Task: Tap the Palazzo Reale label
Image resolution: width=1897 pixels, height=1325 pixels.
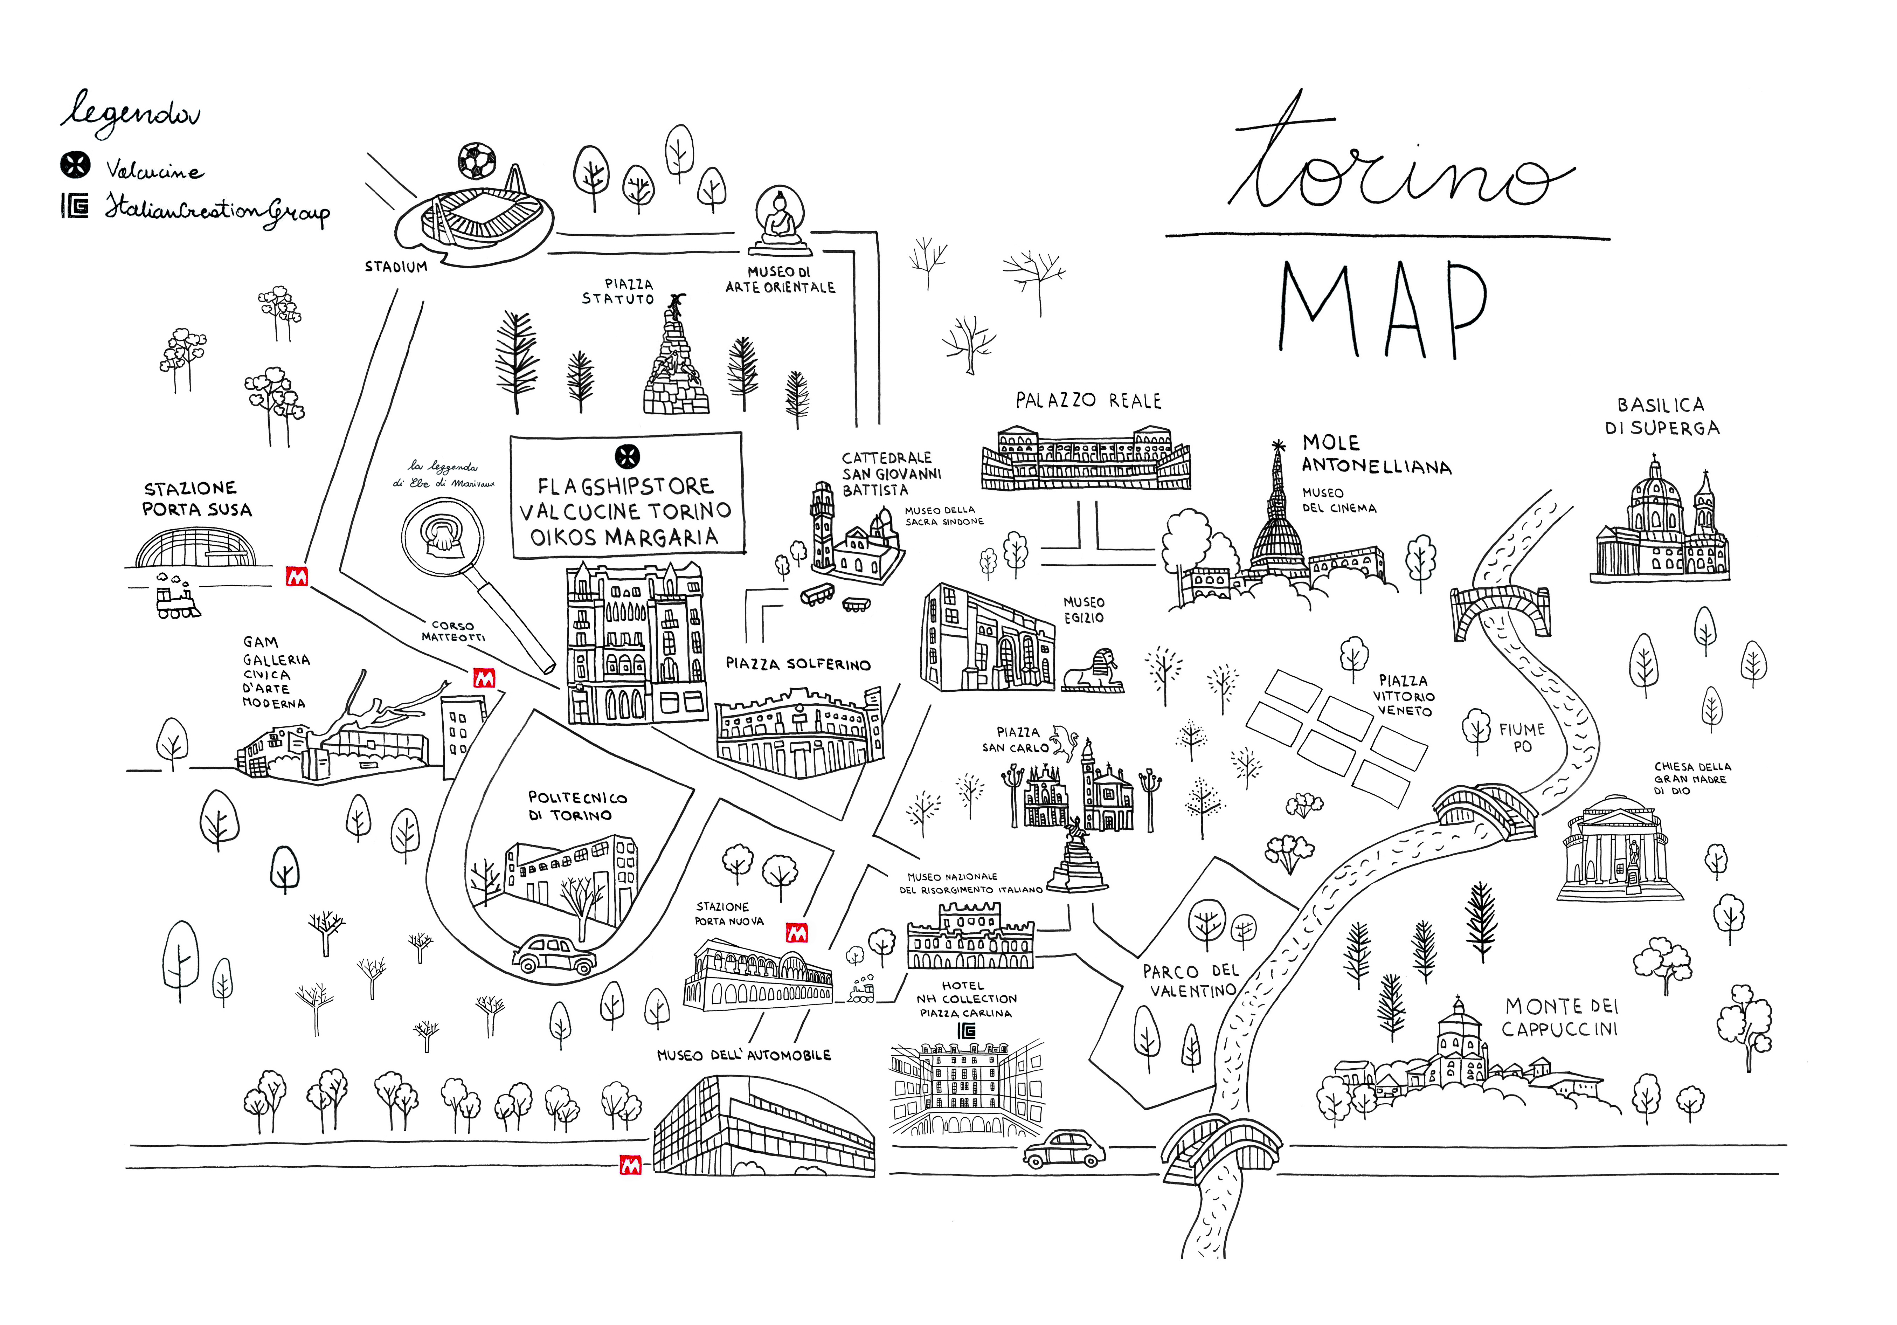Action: click(x=1088, y=401)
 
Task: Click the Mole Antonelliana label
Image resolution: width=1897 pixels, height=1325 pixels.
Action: click(x=1376, y=455)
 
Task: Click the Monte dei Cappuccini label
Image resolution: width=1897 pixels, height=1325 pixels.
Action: click(x=1560, y=1017)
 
